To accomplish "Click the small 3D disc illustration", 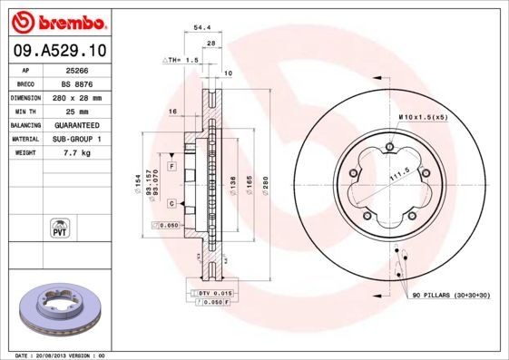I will tap(57, 310).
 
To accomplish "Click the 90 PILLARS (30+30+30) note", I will tap(451, 297).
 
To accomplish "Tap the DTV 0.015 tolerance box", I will tap(215, 293).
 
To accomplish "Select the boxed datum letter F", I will tap(171, 156).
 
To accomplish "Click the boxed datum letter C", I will tap(171, 203).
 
